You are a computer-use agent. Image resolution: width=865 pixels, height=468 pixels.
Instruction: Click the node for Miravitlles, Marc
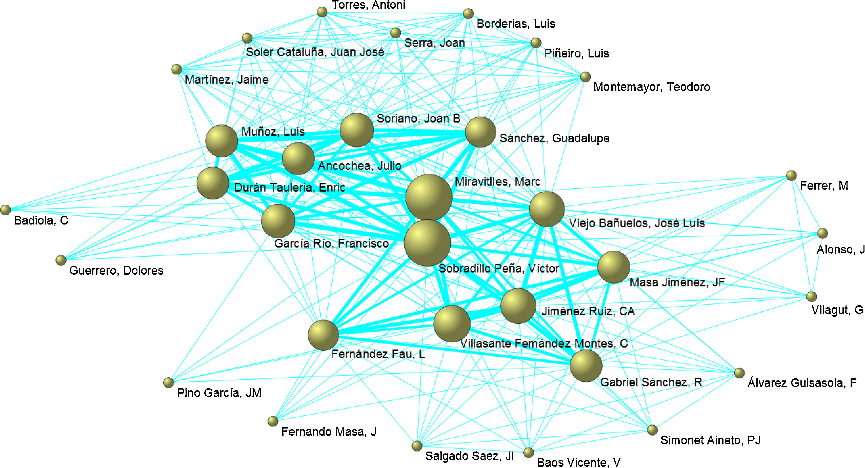click(x=429, y=197)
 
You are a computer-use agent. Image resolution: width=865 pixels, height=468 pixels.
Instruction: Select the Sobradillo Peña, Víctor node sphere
click(x=427, y=243)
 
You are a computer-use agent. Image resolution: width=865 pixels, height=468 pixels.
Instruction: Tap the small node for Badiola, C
click(x=5, y=210)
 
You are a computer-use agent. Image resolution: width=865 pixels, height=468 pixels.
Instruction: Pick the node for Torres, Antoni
click(x=322, y=12)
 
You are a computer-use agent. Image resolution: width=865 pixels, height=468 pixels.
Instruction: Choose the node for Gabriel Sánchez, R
click(x=586, y=365)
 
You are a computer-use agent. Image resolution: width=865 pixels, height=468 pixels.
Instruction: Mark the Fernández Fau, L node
click(x=323, y=335)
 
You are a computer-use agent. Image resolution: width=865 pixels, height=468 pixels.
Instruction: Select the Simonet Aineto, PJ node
click(x=652, y=430)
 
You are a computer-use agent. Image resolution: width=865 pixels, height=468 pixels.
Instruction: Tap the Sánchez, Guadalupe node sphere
click(x=480, y=132)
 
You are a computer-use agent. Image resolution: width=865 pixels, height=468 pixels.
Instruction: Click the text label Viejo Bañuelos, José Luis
click(x=637, y=223)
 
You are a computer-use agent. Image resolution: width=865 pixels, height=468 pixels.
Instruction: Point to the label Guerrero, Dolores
click(x=116, y=271)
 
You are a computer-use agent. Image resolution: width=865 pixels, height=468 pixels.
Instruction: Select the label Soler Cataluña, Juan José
click(x=315, y=52)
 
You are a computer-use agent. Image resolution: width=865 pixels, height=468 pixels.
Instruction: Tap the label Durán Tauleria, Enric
click(x=289, y=188)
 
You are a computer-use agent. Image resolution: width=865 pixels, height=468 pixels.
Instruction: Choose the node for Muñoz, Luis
click(x=222, y=141)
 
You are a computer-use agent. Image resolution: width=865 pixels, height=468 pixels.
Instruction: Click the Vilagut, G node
click(x=812, y=296)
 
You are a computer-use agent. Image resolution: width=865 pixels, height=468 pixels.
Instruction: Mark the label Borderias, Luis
click(x=516, y=24)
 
